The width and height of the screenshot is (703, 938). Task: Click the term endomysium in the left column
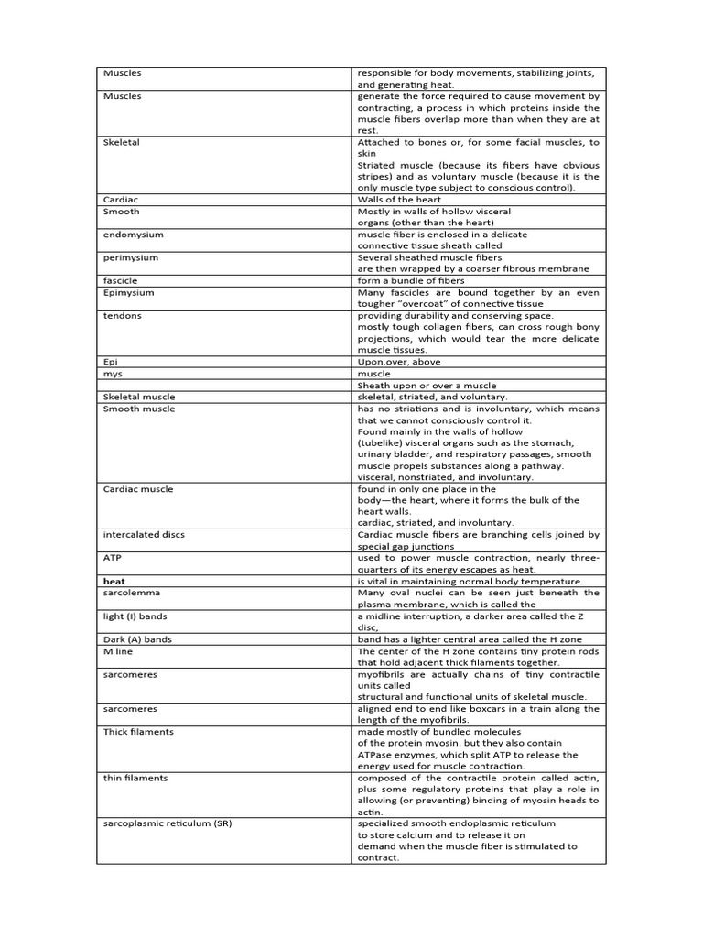(x=130, y=234)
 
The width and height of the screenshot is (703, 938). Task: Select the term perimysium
(x=130, y=257)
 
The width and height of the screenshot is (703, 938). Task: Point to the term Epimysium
(x=129, y=292)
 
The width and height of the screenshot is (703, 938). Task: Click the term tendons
(x=123, y=315)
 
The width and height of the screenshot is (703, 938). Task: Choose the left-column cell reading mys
(x=113, y=374)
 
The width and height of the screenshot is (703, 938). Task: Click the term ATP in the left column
(x=113, y=557)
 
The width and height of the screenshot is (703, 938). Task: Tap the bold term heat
(x=114, y=581)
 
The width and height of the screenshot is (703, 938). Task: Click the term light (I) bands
(x=135, y=616)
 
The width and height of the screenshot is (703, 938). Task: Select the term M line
(x=119, y=651)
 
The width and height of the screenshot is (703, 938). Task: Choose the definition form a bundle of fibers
(x=410, y=280)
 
